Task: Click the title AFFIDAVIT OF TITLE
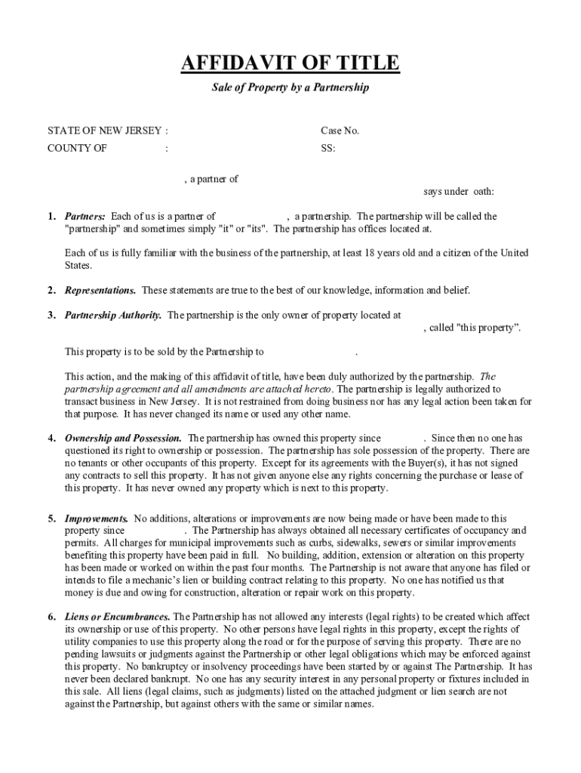(x=290, y=63)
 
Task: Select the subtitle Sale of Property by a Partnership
(x=290, y=88)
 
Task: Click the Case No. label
(x=340, y=131)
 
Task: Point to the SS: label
(x=328, y=148)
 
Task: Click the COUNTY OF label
(x=77, y=148)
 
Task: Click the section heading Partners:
(x=85, y=217)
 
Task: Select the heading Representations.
(x=100, y=290)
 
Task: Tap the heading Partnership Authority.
(x=113, y=316)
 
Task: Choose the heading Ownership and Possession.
(x=123, y=438)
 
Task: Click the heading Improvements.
(x=97, y=519)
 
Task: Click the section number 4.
(x=51, y=438)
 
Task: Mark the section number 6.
(x=51, y=617)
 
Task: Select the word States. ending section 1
(x=78, y=266)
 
